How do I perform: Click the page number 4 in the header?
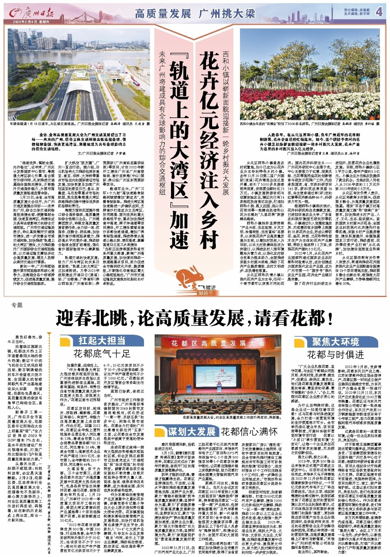pyautogui.click(x=379, y=12)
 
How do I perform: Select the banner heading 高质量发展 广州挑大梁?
pyautogui.click(x=195, y=14)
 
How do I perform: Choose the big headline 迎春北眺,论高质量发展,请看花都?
pyautogui.click(x=195, y=318)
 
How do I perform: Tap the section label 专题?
pyautogui.click(x=17, y=305)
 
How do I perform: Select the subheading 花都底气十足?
pyautogui.click(x=102, y=354)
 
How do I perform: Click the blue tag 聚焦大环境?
pyautogui.click(x=335, y=342)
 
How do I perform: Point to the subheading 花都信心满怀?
pyautogui.click(x=249, y=431)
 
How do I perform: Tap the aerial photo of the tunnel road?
pyautogui.click(x=79, y=74)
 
